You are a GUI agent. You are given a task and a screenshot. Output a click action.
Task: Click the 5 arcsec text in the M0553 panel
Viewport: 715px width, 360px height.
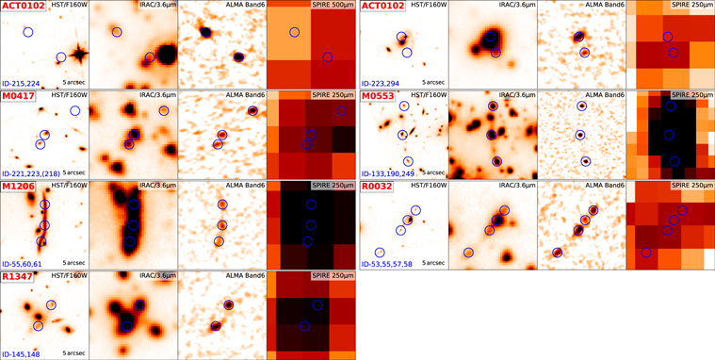(428, 173)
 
